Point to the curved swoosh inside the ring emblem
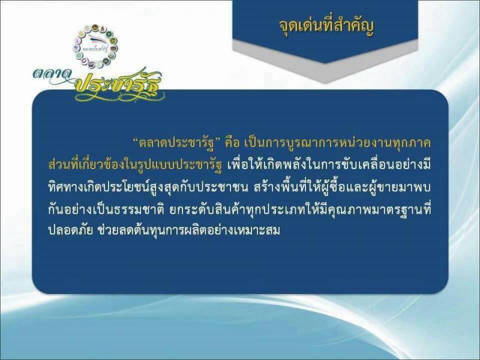tap(97, 39)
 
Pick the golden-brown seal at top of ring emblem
tap(95, 27)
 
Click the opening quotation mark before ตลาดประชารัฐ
tap(136, 140)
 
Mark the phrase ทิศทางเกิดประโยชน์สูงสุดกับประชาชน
tap(148, 187)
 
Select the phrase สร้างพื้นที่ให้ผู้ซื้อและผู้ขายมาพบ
tap(342, 187)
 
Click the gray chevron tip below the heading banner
tap(325, 82)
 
